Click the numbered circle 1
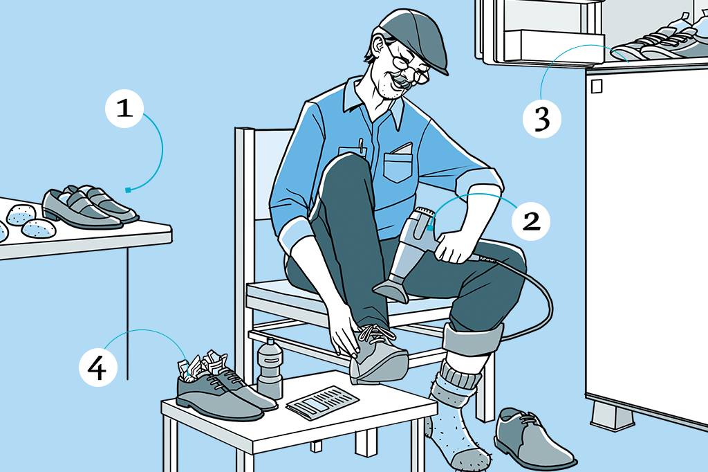[x=124, y=109]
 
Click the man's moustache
[x=403, y=82]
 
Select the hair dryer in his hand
[x=409, y=253]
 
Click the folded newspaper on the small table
[x=322, y=401]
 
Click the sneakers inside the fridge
[x=659, y=41]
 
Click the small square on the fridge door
[x=597, y=86]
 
